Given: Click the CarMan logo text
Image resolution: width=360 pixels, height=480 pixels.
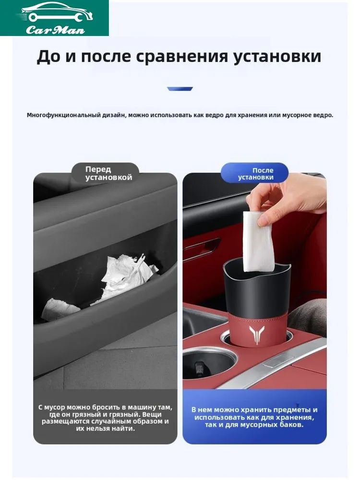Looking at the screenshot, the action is (x=55, y=30).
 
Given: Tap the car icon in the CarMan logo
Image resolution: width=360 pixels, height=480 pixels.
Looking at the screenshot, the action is (x=55, y=13).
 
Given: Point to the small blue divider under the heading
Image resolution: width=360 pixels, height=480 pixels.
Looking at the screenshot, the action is (x=180, y=89).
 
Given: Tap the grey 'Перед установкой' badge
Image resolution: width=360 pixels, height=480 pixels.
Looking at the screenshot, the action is (x=106, y=173).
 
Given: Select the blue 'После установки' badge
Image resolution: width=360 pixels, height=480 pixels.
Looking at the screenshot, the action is (x=255, y=173).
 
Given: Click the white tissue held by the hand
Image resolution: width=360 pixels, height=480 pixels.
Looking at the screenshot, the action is (x=257, y=241).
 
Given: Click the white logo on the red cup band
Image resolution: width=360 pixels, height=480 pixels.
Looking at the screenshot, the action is (x=256, y=335).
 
